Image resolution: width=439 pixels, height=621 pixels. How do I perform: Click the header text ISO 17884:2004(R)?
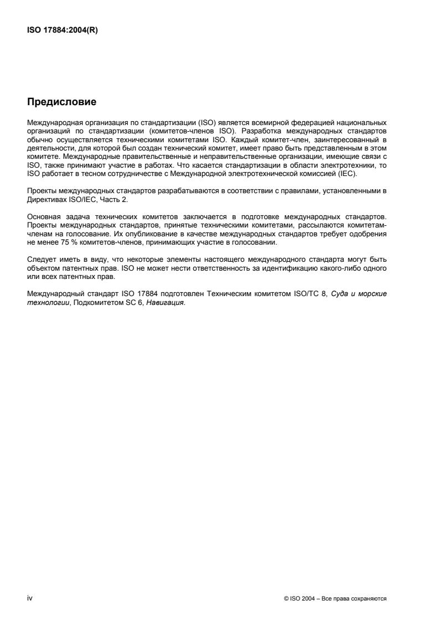point(63,30)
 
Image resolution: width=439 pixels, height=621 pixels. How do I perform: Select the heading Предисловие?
point(62,102)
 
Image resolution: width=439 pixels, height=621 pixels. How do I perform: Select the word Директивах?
point(45,199)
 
